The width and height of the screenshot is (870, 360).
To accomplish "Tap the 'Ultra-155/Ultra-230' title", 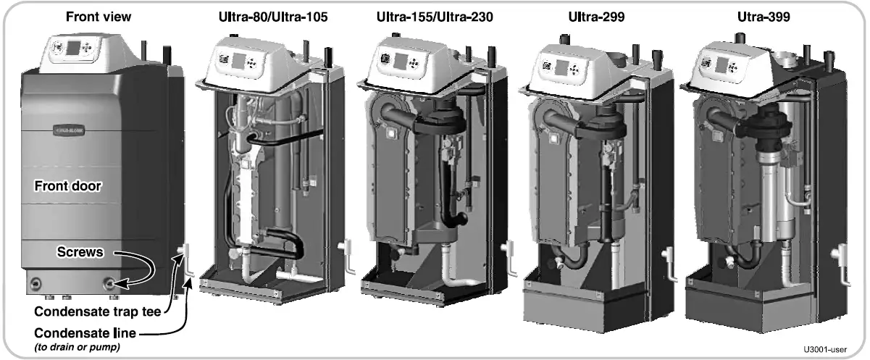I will [x=436, y=17].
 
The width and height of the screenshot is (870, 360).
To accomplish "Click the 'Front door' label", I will [x=67, y=186].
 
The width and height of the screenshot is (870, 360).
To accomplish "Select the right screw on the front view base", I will [x=110, y=283].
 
